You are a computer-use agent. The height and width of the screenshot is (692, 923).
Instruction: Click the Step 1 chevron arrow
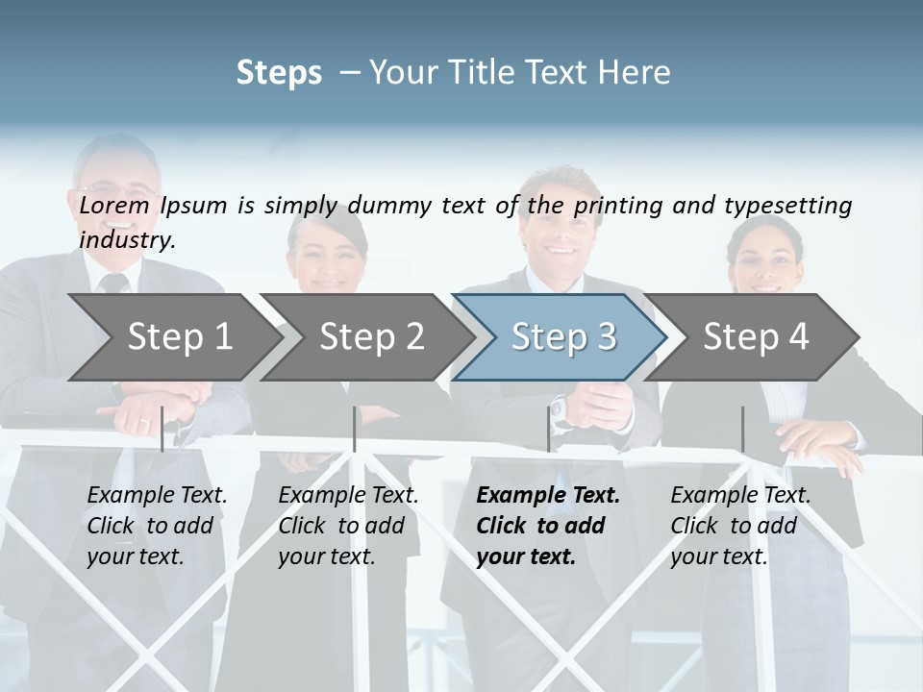[173, 336]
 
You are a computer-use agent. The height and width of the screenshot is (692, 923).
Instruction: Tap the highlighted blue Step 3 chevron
[561, 336]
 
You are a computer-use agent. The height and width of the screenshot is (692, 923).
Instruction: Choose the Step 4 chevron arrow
[755, 336]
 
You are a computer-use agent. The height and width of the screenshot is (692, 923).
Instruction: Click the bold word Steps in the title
[279, 73]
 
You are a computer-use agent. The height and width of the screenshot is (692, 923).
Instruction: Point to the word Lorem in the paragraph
[114, 205]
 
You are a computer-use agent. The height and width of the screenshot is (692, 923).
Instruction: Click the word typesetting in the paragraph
[787, 206]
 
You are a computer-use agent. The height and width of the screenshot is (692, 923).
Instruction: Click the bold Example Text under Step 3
[548, 496]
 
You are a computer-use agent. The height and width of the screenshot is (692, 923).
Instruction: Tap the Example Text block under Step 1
[157, 525]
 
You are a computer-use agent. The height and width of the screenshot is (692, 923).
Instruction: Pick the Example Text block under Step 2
[348, 525]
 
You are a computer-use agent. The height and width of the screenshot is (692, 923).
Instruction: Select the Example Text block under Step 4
[740, 525]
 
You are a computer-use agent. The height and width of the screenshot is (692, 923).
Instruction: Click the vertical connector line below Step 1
[162, 429]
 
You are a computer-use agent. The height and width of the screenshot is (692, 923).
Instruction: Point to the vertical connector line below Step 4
[742, 429]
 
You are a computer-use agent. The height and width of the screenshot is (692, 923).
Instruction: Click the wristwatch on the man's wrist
[561, 412]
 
